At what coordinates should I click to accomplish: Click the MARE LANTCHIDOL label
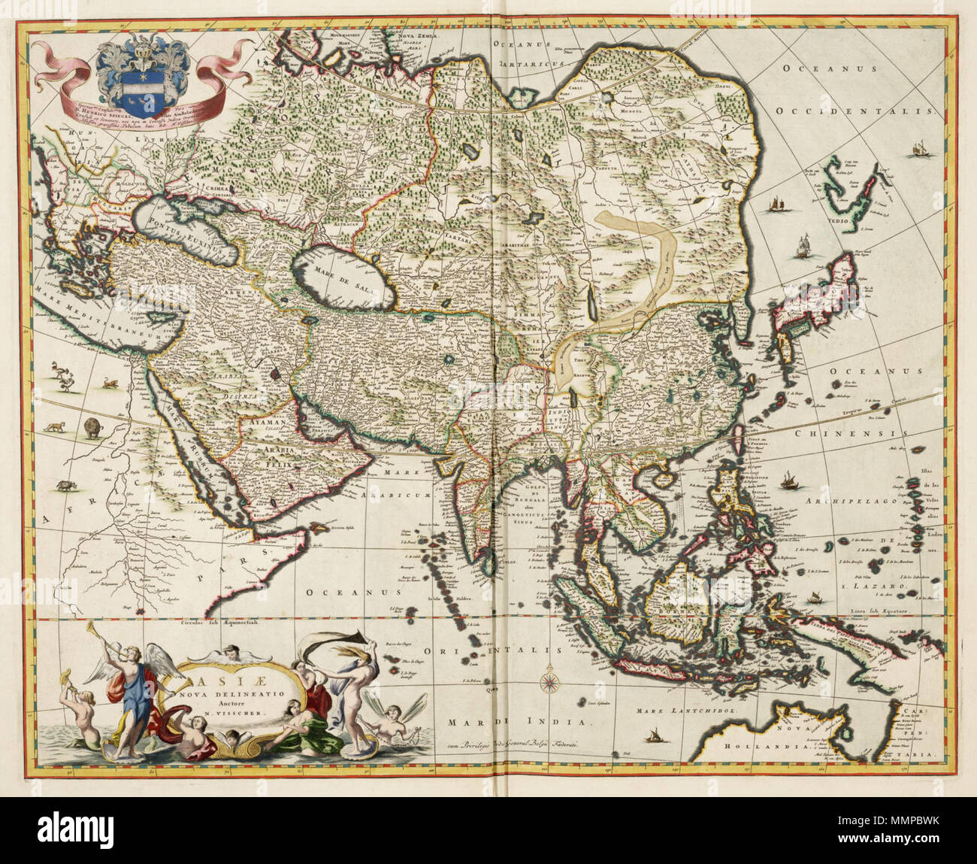pos(683,709)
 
